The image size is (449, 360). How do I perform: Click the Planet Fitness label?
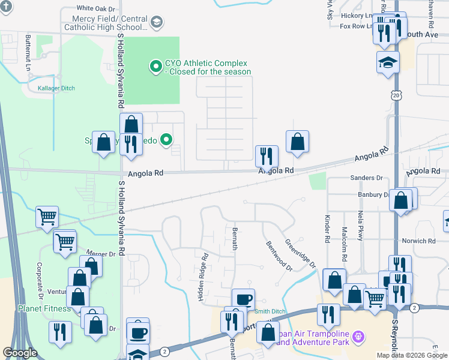click(x=44, y=309)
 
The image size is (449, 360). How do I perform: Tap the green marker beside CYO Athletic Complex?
click(x=155, y=66)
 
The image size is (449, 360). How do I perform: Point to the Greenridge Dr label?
click(x=300, y=254)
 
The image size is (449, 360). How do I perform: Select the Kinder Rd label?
click(x=328, y=229)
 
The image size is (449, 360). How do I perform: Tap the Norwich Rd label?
click(x=420, y=241)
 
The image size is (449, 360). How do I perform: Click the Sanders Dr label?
click(x=366, y=178)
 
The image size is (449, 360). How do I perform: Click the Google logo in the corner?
click(x=20, y=353)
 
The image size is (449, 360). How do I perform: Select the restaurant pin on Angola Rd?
click(x=267, y=155)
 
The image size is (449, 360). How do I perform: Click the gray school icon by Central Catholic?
click(x=156, y=23)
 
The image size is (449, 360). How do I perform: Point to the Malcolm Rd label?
click(x=345, y=239)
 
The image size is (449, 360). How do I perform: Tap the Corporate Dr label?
click(x=40, y=281)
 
